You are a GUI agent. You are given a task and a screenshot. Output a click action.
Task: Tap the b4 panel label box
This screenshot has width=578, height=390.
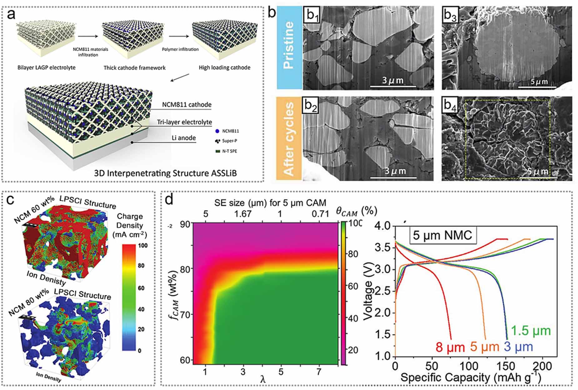(x=450, y=106)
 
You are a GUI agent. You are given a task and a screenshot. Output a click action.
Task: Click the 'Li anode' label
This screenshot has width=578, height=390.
(x=183, y=138)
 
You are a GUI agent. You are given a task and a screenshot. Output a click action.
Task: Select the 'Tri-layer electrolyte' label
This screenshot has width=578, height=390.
(x=184, y=122)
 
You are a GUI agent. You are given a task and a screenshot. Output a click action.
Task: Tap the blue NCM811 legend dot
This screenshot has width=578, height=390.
(x=217, y=131)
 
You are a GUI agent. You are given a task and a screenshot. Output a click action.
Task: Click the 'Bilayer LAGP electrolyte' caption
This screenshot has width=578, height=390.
(x=46, y=68)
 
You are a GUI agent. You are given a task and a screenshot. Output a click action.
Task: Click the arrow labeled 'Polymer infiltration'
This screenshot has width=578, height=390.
(x=179, y=37)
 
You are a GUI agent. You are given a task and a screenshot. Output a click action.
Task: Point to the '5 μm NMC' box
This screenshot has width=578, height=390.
(x=442, y=235)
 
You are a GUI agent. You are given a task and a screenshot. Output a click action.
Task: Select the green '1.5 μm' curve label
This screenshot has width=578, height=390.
(x=531, y=331)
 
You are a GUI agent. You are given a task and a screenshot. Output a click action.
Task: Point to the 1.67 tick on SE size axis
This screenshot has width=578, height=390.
(x=243, y=214)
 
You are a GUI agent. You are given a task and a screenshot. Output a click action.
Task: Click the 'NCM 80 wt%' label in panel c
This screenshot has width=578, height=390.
(x=29, y=302)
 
